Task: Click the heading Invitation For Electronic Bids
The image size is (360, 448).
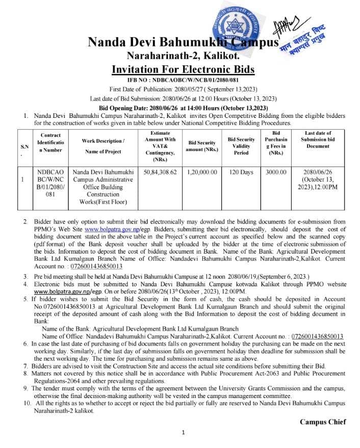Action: pyautogui.click(x=183, y=69)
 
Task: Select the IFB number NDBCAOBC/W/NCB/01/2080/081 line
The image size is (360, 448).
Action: pyautogui.click(x=183, y=81)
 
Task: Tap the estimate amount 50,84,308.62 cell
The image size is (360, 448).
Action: pyautogui.click(x=160, y=172)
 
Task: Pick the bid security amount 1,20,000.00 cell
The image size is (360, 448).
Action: pyautogui.click(x=202, y=172)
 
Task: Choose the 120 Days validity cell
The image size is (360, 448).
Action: pyautogui.click(x=241, y=172)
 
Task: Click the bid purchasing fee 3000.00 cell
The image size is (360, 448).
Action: pyautogui.click(x=276, y=172)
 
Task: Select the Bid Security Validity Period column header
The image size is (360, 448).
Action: pyautogui.click(x=241, y=145)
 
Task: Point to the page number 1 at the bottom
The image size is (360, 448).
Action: pyautogui.click(x=183, y=433)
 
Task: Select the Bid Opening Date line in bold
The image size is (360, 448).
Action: pyautogui.click(x=183, y=108)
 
